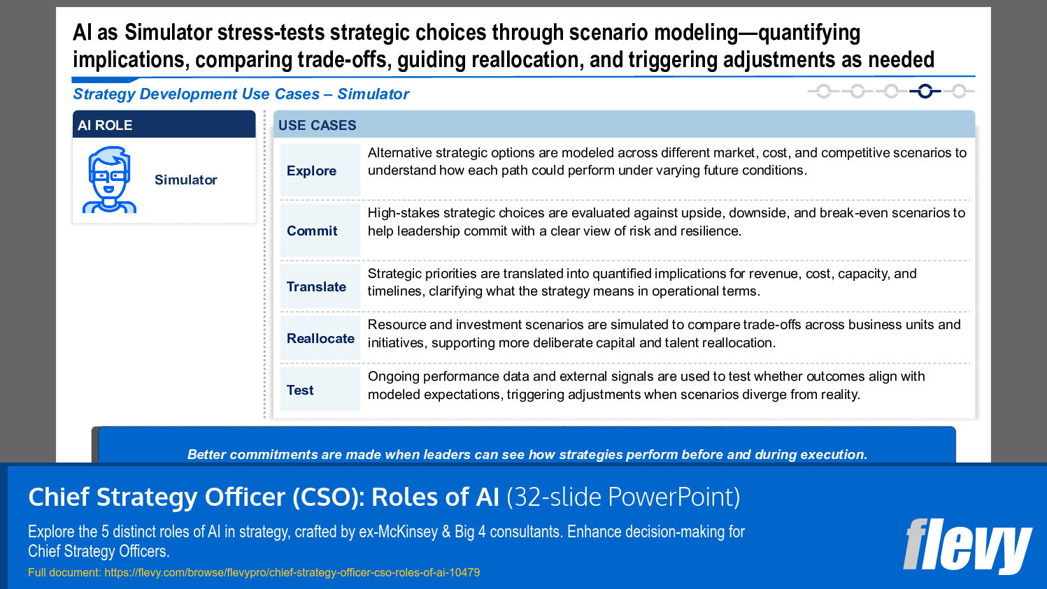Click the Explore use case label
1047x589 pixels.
pyautogui.click(x=311, y=171)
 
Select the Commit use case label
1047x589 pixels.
pyautogui.click(x=312, y=231)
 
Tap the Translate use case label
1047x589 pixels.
pyautogui.click(x=316, y=287)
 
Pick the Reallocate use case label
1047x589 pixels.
pyautogui.click(x=320, y=339)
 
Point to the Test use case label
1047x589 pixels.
pyautogui.click(x=300, y=391)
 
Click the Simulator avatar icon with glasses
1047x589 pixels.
pyautogui.click(x=109, y=180)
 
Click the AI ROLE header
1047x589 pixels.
pyautogui.click(x=105, y=126)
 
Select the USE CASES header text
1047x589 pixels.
pyautogui.click(x=318, y=126)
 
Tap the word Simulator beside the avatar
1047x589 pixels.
pyautogui.click(x=186, y=180)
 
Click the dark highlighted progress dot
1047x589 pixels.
pyautogui.click(x=925, y=92)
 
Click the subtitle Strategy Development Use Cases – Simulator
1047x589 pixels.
pyautogui.click(x=241, y=94)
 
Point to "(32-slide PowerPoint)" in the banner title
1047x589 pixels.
pyautogui.click(x=623, y=497)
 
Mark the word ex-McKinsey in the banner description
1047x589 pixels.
pyautogui.click(x=398, y=532)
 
